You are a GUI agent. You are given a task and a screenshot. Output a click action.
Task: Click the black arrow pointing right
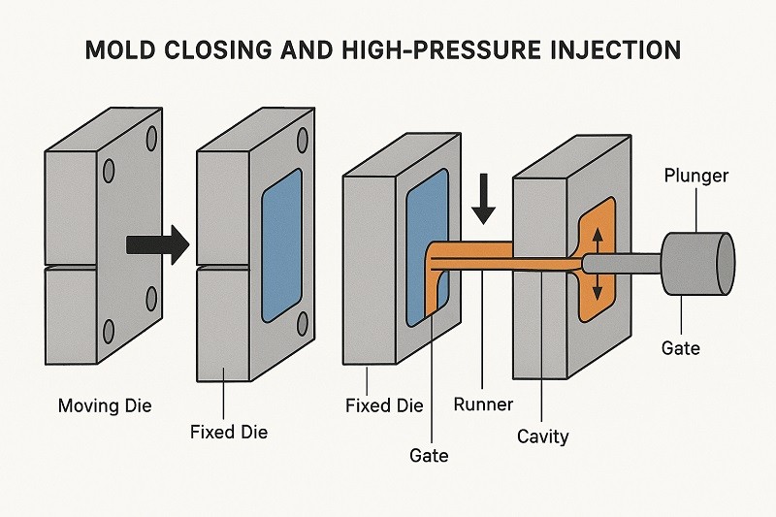coord(158,244)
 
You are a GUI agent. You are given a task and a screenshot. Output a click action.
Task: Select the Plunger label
coord(695,176)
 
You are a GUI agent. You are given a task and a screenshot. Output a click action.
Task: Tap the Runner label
coord(483,404)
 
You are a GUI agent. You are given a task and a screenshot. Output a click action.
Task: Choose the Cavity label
coord(542,436)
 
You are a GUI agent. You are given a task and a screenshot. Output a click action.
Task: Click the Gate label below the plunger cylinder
coord(680,347)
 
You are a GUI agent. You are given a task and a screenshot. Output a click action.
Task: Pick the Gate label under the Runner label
coord(428,453)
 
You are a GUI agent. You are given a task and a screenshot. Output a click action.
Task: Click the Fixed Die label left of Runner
coord(384,404)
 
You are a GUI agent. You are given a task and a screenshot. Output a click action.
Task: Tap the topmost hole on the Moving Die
coord(152,139)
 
